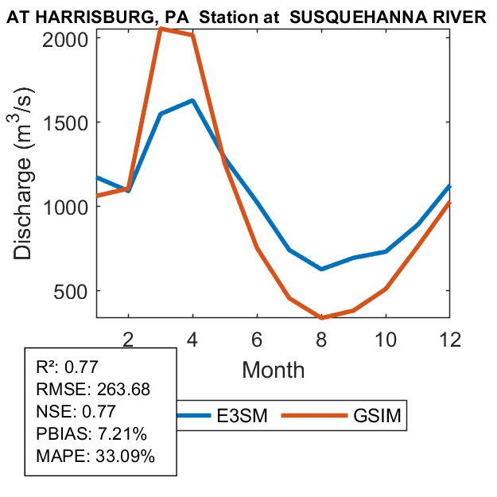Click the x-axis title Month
(273, 369)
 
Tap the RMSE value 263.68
(122, 390)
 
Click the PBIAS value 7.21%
(124, 434)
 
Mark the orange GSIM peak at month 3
(161, 29)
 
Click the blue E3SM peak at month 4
(192, 101)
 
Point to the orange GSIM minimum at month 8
(320, 317)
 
